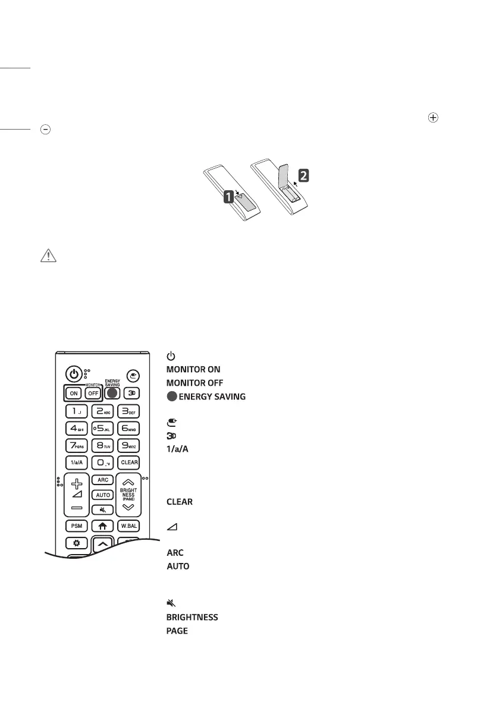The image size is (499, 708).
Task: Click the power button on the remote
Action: tap(73, 375)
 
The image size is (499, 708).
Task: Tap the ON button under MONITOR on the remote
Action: tap(74, 393)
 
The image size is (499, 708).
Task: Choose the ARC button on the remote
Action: tap(101, 479)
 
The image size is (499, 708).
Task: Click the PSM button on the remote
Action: tap(75, 526)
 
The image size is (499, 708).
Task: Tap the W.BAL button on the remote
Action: tap(130, 526)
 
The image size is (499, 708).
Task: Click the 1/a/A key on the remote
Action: tap(75, 461)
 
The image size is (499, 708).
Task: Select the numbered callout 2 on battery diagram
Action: tap(304, 175)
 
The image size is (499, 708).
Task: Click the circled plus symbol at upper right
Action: tap(433, 118)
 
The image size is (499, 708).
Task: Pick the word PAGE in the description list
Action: tap(177, 630)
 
